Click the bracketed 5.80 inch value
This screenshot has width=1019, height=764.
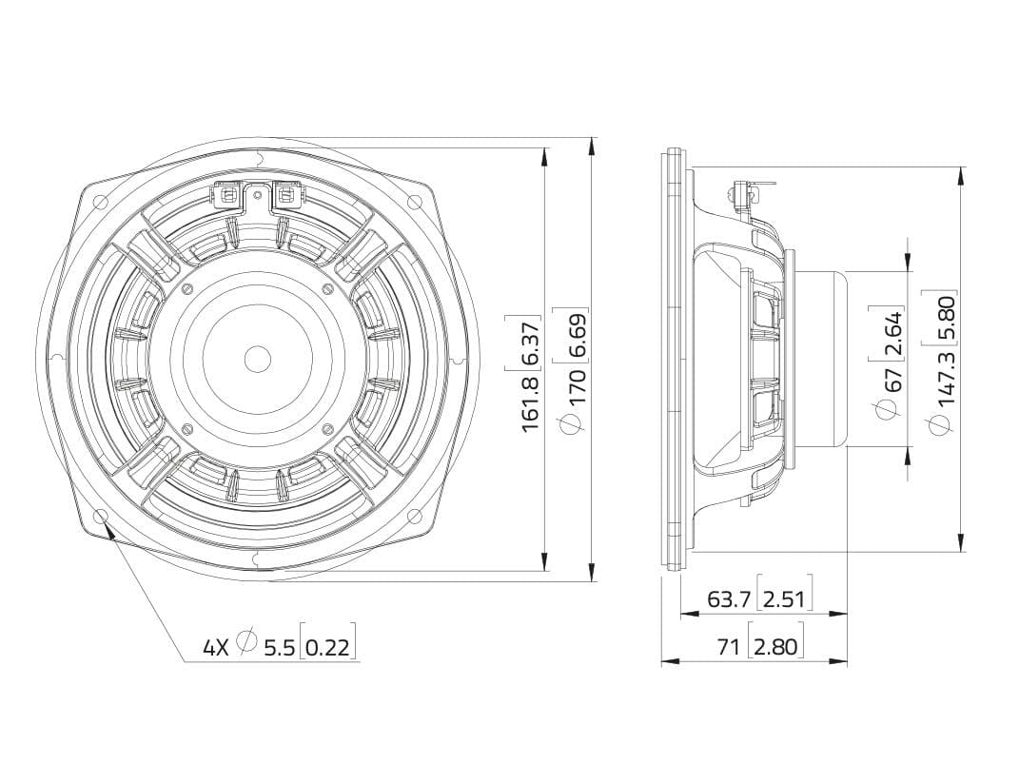click(946, 318)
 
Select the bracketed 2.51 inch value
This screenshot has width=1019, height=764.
click(784, 598)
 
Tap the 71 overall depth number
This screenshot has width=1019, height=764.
click(729, 646)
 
